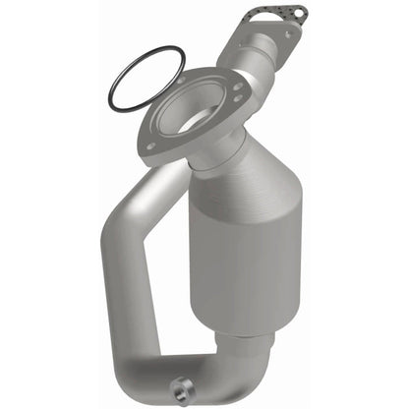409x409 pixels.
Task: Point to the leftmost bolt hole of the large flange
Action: click(x=149, y=146)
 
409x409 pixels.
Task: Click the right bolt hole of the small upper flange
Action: click(x=292, y=33)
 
